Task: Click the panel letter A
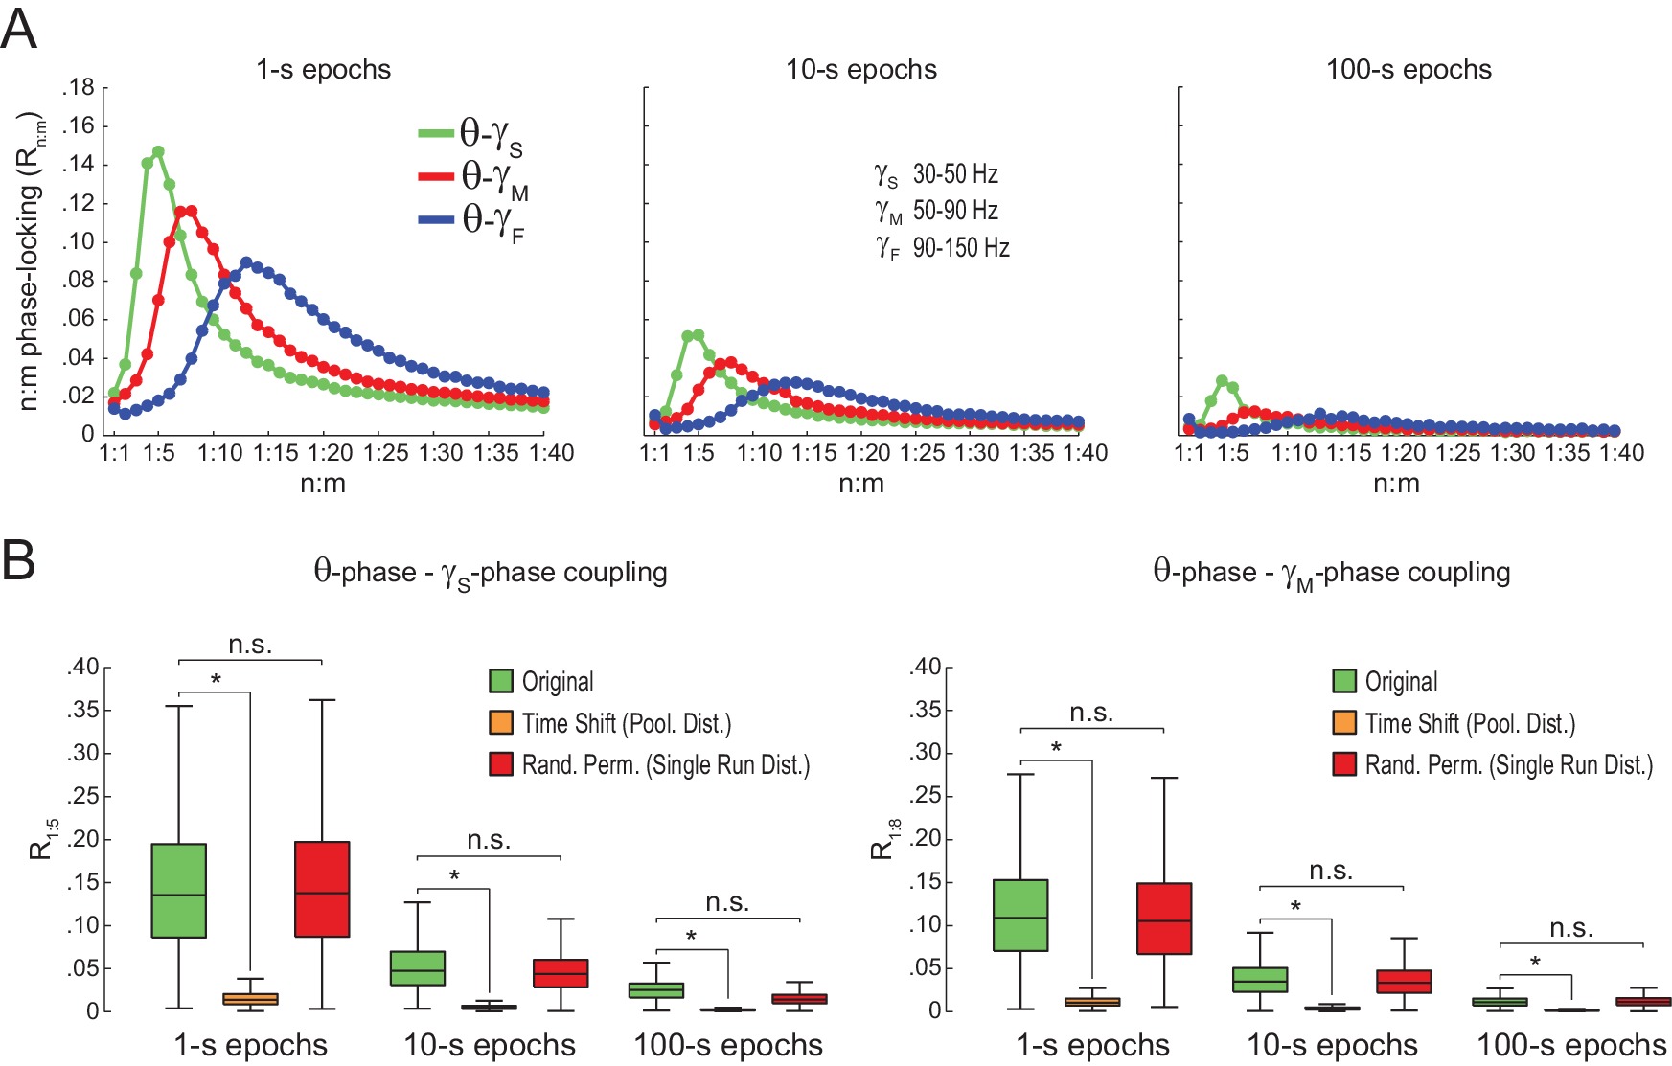[x=19, y=30]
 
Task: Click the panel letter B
[x=19, y=559]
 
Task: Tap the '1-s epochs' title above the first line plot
[x=323, y=70]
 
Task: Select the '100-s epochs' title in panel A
[x=1408, y=70]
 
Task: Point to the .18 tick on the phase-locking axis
[x=79, y=88]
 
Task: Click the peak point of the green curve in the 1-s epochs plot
[x=158, y=152]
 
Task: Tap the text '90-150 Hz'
[x=961, y=248]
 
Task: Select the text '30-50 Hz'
[x=955, y=174]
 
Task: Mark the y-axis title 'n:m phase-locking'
[x=31, y=263]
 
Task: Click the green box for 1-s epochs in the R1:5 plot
[x=179, y=891]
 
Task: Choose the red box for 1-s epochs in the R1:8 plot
[x=1164, y=919]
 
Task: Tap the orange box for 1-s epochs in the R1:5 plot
[x=250, y=999]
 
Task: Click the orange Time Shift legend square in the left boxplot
[x=501, y=723]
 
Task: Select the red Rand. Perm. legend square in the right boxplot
[x=1344, y=764]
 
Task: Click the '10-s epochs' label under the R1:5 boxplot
[x=490, y=1045]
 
